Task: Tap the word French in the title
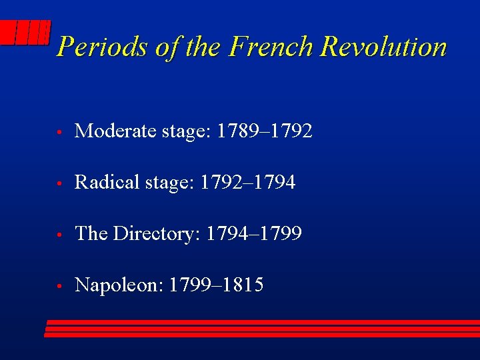[271, 47]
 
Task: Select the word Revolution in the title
[383, 47]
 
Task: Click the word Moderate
[116, 131]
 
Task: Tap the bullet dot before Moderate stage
[60, 132]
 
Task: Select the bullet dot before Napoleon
[60, 287]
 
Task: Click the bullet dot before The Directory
[60, 235]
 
